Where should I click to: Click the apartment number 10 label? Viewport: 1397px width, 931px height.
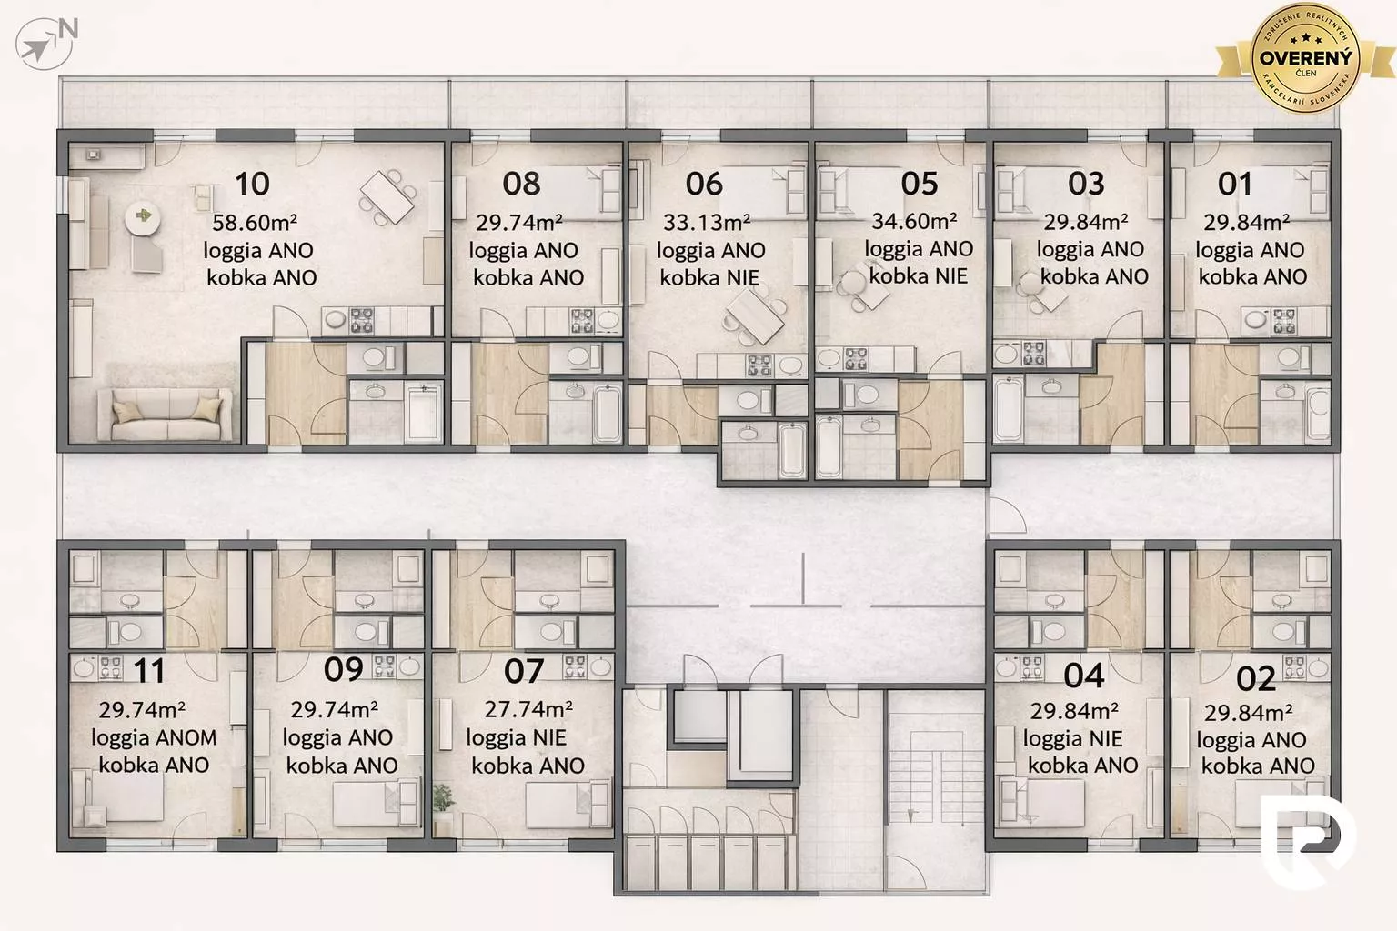click(252, 184)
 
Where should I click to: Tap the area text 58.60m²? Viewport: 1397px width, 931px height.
click(255, 222)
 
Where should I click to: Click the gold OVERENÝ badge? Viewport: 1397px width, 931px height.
click(1305, 56)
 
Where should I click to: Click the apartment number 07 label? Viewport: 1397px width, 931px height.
click(524, 671)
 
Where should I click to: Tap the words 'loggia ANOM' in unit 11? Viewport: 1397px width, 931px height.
click(154, 738)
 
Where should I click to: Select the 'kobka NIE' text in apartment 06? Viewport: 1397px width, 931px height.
click(709, 277)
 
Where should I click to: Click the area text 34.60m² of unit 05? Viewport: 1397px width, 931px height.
click(914, 221)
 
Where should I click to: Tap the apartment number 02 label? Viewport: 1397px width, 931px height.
click(1256, 678)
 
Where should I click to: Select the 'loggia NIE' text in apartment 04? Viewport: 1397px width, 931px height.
click(1072, 738)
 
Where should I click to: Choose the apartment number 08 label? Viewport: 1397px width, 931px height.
click(521, 184)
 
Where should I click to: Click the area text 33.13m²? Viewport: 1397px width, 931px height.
click(707, 222)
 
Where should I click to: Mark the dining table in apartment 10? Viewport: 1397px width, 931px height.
click(387, 196)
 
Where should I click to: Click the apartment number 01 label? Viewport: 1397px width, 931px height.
click(1235, 184)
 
